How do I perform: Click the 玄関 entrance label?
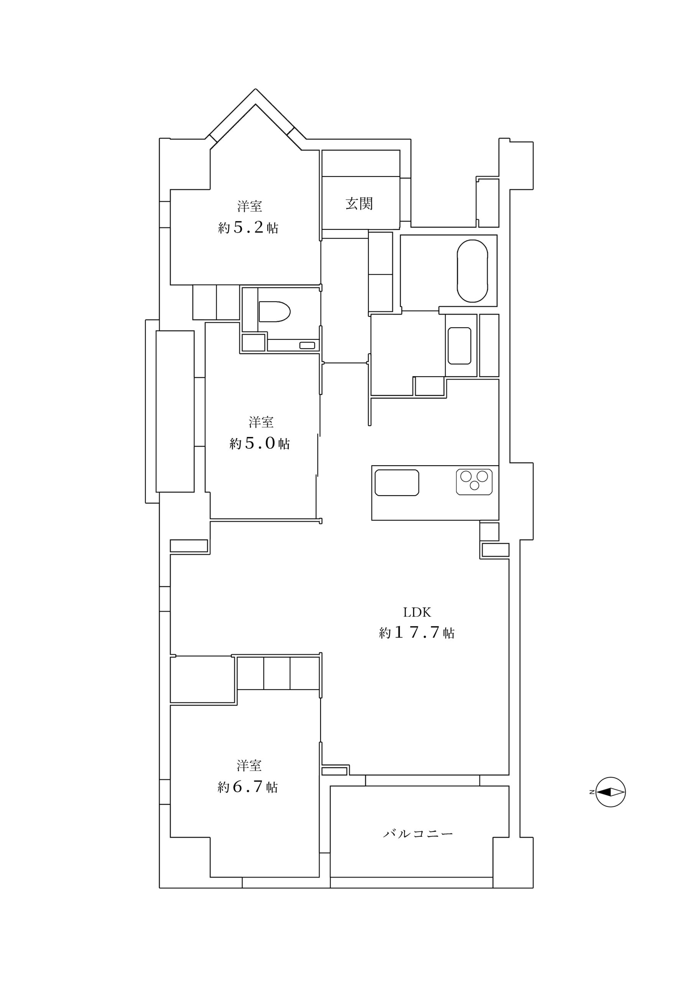pos(359,204)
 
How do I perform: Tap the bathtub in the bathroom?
pos(472,271)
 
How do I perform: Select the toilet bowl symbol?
pos(274,311)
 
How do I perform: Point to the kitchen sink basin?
pos(396,483)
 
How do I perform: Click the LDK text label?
pos(417,613)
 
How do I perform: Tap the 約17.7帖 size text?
pos(416,633)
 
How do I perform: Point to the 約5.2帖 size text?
pos(248,227)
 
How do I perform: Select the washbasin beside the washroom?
pos(459,346)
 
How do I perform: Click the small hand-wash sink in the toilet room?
pos(307,345)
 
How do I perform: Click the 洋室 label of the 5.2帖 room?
pos(249,206)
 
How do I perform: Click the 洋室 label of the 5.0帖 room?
pos(261,422)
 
